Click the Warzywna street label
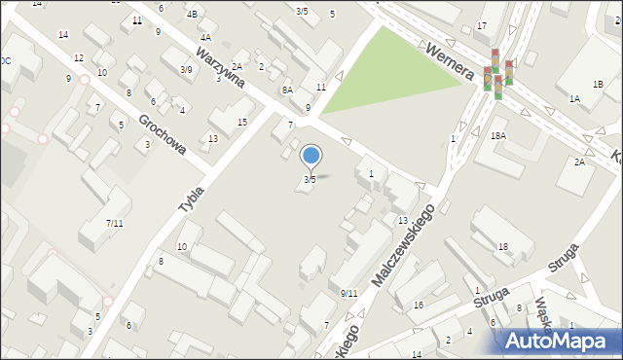pos(219,65)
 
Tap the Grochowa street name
pos(162,136)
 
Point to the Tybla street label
pos(192,198)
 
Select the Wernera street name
pos(449,60)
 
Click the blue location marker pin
pos(311,156)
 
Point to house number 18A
pos(498,136)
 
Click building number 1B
pos(598,85)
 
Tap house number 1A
pos(574,98)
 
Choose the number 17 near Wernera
pos(482,25)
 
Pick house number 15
pos(242,122)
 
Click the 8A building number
pos(287,90)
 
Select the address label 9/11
pos(349,293)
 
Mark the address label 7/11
pos(115,223)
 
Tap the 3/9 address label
pos(186,69)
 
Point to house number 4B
pos(192,14)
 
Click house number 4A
pos(205,37)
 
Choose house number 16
pos(418,306)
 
